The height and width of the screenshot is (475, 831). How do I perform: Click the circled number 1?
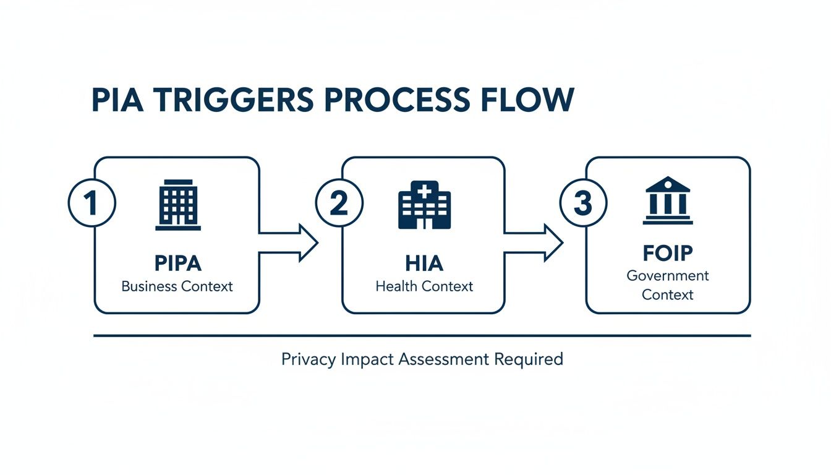pyautogui.click(x=92, y=204)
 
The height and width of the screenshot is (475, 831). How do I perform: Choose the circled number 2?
pyautogui.click(x=339, y=204)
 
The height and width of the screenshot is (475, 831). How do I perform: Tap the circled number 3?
pyautogui.click(x=583, y=204)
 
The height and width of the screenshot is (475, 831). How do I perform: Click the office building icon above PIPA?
pyautogui.click(x=178, y=205)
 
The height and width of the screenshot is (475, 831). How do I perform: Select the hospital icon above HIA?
pyautogui.click(x=424, y=205)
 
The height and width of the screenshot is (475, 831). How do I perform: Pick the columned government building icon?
pyautogui.click(x=668, y=200)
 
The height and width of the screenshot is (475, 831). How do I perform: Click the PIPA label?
pyautogui.click(x=177, y=263)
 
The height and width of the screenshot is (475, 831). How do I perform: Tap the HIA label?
pyautogui.click(x=424, y=263)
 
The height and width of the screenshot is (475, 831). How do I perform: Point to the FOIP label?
pyautogui.click(x=668, y=253)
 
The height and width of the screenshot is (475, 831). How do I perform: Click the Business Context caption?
pyautogui.click(x=177, y=286)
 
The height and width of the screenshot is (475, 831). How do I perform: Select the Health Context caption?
pyautogui.click(x=424, y=286)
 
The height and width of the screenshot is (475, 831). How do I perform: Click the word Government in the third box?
pyautogui.click(x=668, y=275)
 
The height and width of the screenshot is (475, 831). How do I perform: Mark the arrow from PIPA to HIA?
pyautogui.click(x=288, y=243)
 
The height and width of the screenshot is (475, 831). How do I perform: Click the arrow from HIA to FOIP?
pyautogui.click(x=534, y=243)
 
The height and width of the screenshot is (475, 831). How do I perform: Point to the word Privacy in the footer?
pyautogui.click(x=309, y=359)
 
